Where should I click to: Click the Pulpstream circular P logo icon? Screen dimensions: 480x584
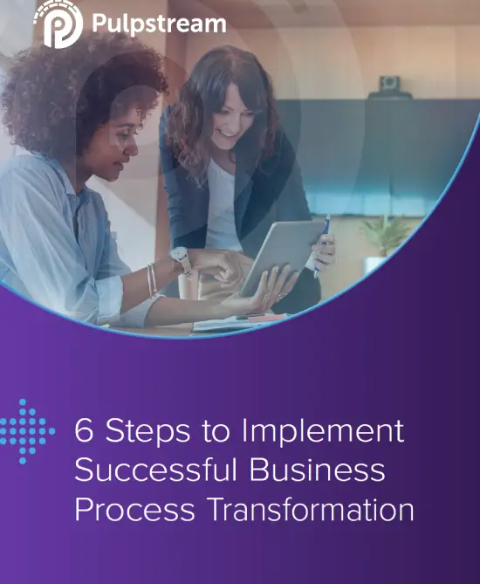click(58, 24)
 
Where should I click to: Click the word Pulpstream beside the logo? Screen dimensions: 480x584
click(159, 24)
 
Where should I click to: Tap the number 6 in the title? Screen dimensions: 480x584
click(84, 430)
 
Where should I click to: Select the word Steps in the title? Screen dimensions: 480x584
click(147, 432)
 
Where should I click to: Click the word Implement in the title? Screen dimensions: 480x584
click(323, 432)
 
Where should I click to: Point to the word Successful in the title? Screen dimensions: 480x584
click(156, 470)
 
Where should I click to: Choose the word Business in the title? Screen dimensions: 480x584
click(318, 470)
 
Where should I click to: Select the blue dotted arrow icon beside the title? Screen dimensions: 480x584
click(26, 431)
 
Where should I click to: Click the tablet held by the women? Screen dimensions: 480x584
click(282, 257)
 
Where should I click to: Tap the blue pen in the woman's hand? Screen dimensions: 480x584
click(322, 244)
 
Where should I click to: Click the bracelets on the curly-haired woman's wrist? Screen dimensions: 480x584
click(152, 279)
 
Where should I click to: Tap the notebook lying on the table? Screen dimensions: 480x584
click(238, 322)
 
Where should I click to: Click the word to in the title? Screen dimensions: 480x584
click(216, 431)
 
